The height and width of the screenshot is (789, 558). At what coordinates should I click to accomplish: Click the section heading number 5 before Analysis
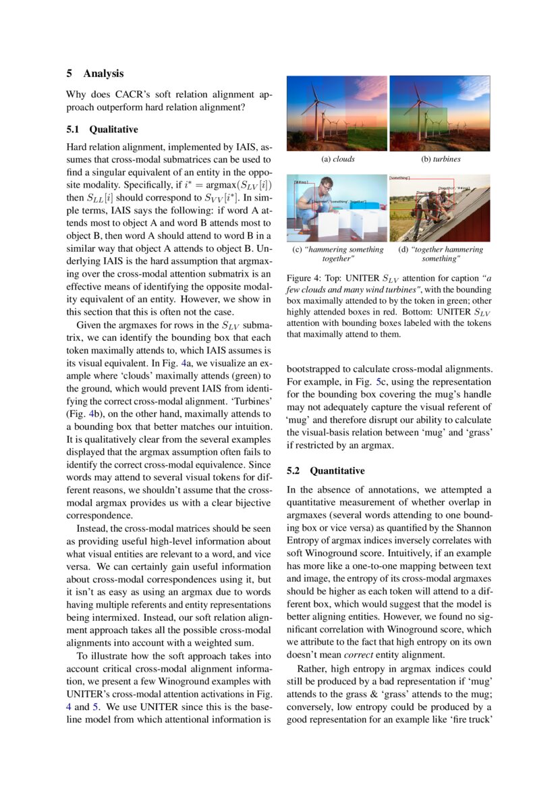click(69, 73)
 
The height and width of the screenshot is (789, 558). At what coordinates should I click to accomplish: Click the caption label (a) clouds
click(337, 159)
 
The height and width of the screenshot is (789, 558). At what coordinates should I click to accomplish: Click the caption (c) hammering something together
click(337, 254)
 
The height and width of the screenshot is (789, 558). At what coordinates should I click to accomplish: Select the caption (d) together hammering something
click(439, 254)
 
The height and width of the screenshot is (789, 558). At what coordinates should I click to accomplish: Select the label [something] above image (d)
click(400, 177)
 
